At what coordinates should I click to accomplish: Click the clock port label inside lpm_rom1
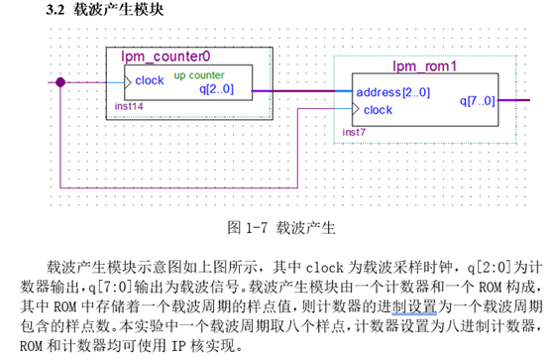click(x=378, y=110)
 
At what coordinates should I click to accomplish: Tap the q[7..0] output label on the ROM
click(x=480, y=100)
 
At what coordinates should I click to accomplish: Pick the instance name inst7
click(x=354, y=131)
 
